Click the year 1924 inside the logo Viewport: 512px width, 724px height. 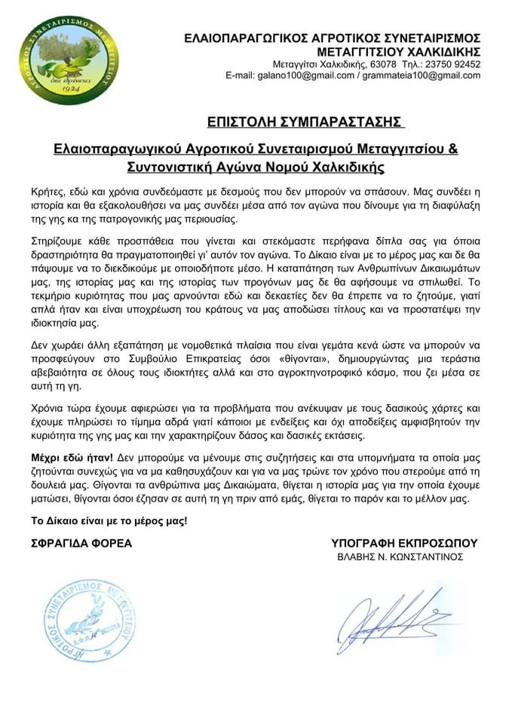[69, 89]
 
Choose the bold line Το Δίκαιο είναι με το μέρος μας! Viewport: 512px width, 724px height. [108, 521]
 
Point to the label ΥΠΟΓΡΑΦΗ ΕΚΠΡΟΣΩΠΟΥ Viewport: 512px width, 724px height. [404, 543]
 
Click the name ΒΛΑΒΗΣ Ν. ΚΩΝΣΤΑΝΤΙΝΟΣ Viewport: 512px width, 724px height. [400, 557]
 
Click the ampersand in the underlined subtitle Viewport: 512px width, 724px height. [452, 148]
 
